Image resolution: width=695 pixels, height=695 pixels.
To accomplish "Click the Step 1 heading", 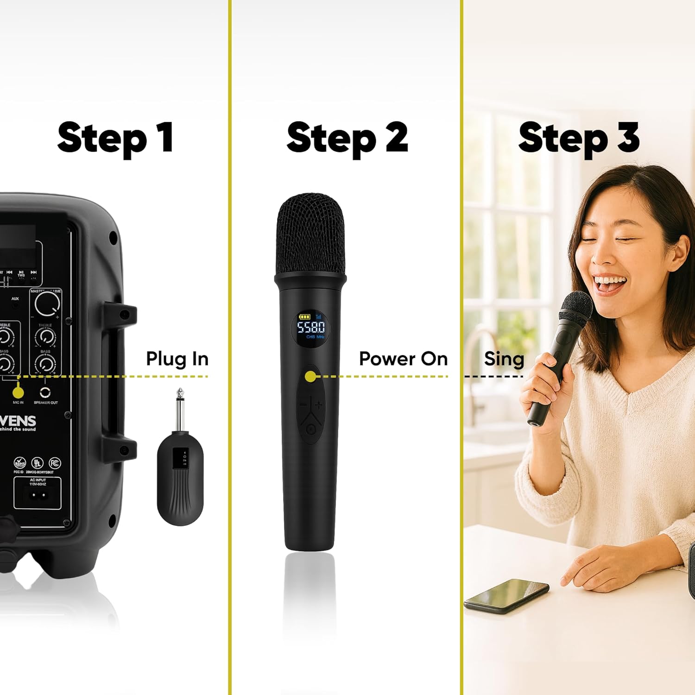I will [115, 138].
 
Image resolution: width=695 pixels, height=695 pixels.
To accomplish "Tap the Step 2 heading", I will [347, 138].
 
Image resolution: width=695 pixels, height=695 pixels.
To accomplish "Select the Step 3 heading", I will [579, 138].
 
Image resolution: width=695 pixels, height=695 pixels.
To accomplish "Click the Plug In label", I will [177, 359].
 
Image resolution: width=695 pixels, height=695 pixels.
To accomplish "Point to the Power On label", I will [403, 359].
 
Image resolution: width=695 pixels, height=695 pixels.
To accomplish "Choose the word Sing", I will [504, 359].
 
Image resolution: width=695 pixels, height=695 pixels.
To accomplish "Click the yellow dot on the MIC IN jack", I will [18, 392].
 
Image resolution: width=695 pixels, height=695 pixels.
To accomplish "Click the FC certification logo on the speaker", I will [55, 463].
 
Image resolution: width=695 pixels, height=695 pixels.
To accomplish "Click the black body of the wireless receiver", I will [180, 482].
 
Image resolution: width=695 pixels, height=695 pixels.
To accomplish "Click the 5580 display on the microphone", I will [311, 328].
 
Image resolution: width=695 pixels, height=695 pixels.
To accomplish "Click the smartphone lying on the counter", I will [506, 596].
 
